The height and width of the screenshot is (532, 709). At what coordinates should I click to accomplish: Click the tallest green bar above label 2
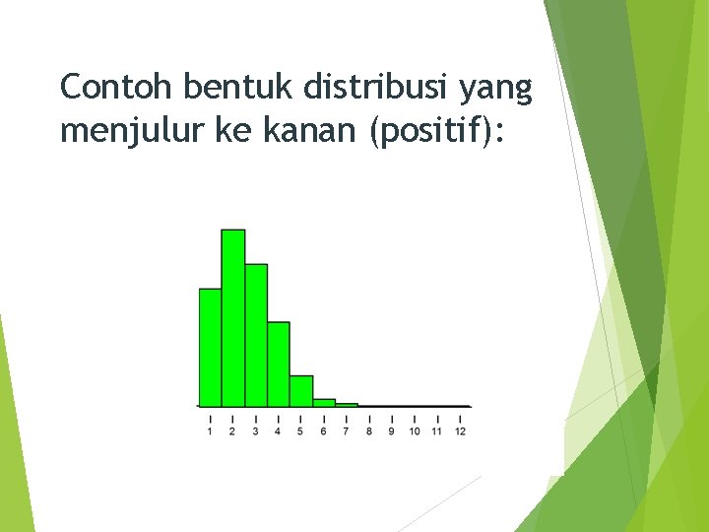coord(233,317)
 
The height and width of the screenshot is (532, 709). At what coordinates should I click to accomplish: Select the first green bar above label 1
coord(211,347)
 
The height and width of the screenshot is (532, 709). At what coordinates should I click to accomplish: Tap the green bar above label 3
coord(256,335)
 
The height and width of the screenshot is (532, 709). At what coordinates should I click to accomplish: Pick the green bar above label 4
coord(279,364)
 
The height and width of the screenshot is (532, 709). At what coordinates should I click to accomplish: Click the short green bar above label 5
coord(301,390)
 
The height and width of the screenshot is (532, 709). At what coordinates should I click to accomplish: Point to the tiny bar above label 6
coord(324,402)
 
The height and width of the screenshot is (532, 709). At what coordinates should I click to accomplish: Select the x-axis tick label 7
coord(346,432)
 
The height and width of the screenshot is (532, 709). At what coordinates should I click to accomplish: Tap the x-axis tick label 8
coord(368,432)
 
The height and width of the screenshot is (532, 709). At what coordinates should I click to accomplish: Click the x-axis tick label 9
coord(391,432)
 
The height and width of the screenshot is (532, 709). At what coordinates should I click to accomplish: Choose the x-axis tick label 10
coord(414,432)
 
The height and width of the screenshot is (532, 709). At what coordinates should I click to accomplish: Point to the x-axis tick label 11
coord(436,432)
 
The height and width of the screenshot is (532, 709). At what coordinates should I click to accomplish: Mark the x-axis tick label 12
coord(460,432)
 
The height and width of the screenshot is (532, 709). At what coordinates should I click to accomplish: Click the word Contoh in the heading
coord(117,89)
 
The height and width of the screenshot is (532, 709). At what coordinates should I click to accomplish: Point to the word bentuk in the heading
coord(240,89)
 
